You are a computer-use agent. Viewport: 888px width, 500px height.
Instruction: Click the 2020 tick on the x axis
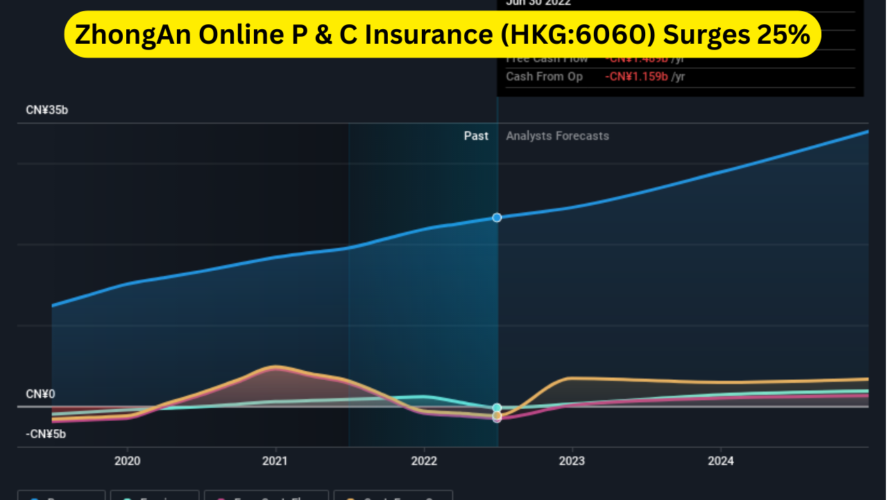click(x=127, y=460)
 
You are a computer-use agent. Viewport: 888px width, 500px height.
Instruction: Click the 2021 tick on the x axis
click(x=275, y=460)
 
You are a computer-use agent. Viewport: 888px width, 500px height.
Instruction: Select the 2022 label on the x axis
click(x=424, y=460)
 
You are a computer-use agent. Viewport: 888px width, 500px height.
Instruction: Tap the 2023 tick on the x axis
click(x=572, y=460)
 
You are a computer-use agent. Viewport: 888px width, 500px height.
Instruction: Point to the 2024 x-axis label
click(x=721, y=460)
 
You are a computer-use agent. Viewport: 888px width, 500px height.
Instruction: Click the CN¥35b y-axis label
click(x=47, y=110)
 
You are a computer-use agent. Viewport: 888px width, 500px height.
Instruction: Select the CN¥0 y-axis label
click(x=40, y=394)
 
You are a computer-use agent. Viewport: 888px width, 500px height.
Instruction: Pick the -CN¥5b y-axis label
click(x=47, y=435)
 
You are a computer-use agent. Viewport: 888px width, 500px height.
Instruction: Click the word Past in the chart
click(x=476, y=136)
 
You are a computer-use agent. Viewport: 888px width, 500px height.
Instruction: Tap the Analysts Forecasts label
click(x=557, y=136)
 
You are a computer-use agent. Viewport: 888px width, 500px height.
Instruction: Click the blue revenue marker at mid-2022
click(x=497, y=217)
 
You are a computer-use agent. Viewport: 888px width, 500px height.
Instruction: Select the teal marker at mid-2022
click(x=497, y=408)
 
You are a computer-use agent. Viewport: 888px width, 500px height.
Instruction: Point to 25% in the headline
click(x=784, y=35)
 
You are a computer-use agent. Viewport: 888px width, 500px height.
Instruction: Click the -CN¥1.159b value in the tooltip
click(x=636, y=76)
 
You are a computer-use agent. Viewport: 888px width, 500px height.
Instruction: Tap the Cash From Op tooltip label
click(x=544, y=76)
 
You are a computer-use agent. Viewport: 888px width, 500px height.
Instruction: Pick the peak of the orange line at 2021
click(x=275, y=366)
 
